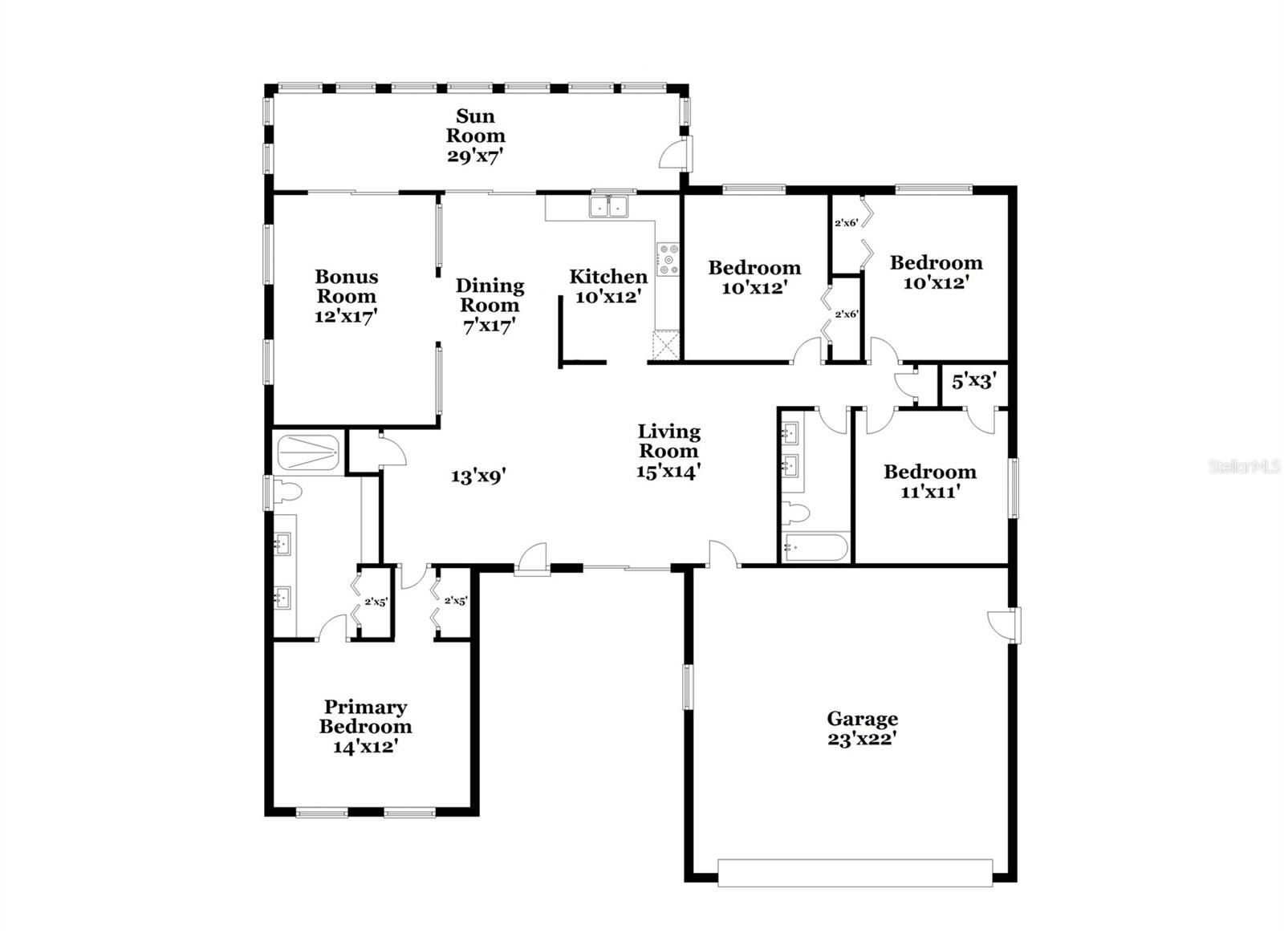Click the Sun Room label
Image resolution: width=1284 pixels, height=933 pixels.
[475, 126]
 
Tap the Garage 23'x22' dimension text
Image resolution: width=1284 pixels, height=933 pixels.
[862, 740]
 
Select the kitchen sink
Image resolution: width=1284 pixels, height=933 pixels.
[609, 206]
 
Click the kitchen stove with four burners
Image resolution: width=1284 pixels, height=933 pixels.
[668, 260]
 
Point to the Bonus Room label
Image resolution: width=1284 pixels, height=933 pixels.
[347, 286]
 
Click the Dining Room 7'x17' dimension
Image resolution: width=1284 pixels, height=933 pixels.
[489, 326]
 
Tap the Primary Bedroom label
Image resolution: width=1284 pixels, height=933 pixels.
[366, 716]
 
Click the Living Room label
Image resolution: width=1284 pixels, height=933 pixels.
[669, 440]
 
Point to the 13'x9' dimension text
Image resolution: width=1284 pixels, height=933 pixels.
[477, 477]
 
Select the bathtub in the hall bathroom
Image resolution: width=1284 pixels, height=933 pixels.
[816, 547]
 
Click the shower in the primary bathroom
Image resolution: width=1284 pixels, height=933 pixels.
[308, 453]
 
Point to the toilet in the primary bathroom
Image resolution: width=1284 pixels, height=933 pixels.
[287, 493]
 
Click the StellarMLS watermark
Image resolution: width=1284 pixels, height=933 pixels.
[1245, 467]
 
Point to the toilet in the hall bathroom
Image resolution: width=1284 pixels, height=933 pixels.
[795, 513]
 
